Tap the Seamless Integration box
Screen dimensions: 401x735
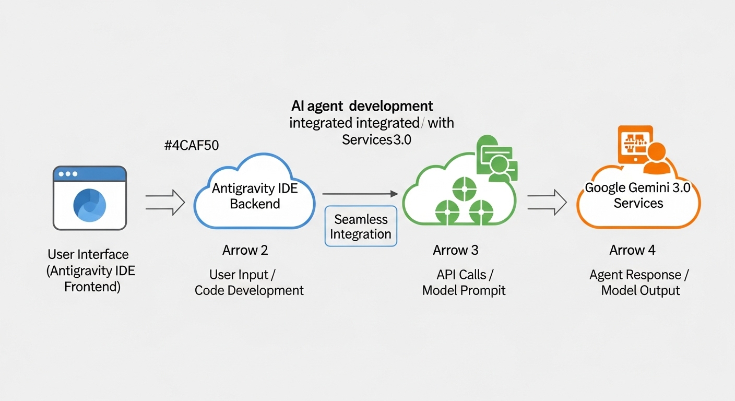click(360, 226)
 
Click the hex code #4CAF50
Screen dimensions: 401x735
click(191, 146)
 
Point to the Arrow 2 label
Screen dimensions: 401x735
click(245, 250)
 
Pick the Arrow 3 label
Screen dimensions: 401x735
click(455, 250)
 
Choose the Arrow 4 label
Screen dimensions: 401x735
click(632, 250)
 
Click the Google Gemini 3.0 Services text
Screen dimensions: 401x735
click(638, 195)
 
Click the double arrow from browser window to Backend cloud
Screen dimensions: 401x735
click(165, 202)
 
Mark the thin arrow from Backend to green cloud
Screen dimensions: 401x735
click(360, 194)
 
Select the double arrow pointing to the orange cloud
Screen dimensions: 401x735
click(547, 202)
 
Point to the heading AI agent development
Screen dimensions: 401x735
click(362, 106)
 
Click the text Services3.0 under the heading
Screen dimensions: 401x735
click(376, 139)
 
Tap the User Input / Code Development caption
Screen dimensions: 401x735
click(249, 282)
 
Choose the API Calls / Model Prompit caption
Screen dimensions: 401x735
click(464, 282)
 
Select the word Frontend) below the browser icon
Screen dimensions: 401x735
click(92, 286)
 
